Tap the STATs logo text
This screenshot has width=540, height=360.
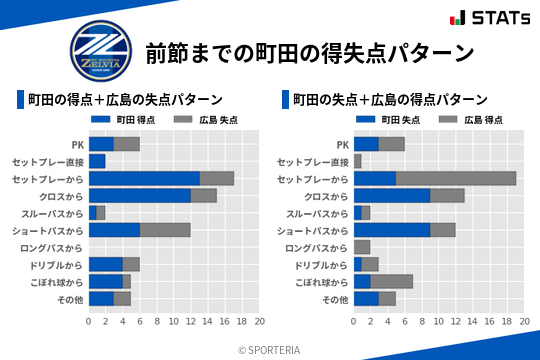[x=497, y=18]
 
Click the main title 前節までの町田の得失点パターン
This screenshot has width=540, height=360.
[x=308, y=52]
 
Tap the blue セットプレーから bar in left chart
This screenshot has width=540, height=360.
[x=144, y=178]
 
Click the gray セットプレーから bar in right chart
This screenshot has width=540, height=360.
[x=456, y=178]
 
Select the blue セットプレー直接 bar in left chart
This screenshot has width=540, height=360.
[x=97, y=161]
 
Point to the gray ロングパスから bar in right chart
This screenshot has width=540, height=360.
[x=362, y=247]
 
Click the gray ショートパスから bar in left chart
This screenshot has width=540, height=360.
[x=165, y=230]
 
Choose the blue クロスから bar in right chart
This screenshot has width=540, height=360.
[x=392, y=196]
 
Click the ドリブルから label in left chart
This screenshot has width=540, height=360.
[x=56, y=265]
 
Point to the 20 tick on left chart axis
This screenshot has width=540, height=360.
[x=259, y=322]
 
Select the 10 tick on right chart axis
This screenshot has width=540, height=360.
[x=439, y=322]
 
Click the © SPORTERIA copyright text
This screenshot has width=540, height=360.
[x=270, y=348]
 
